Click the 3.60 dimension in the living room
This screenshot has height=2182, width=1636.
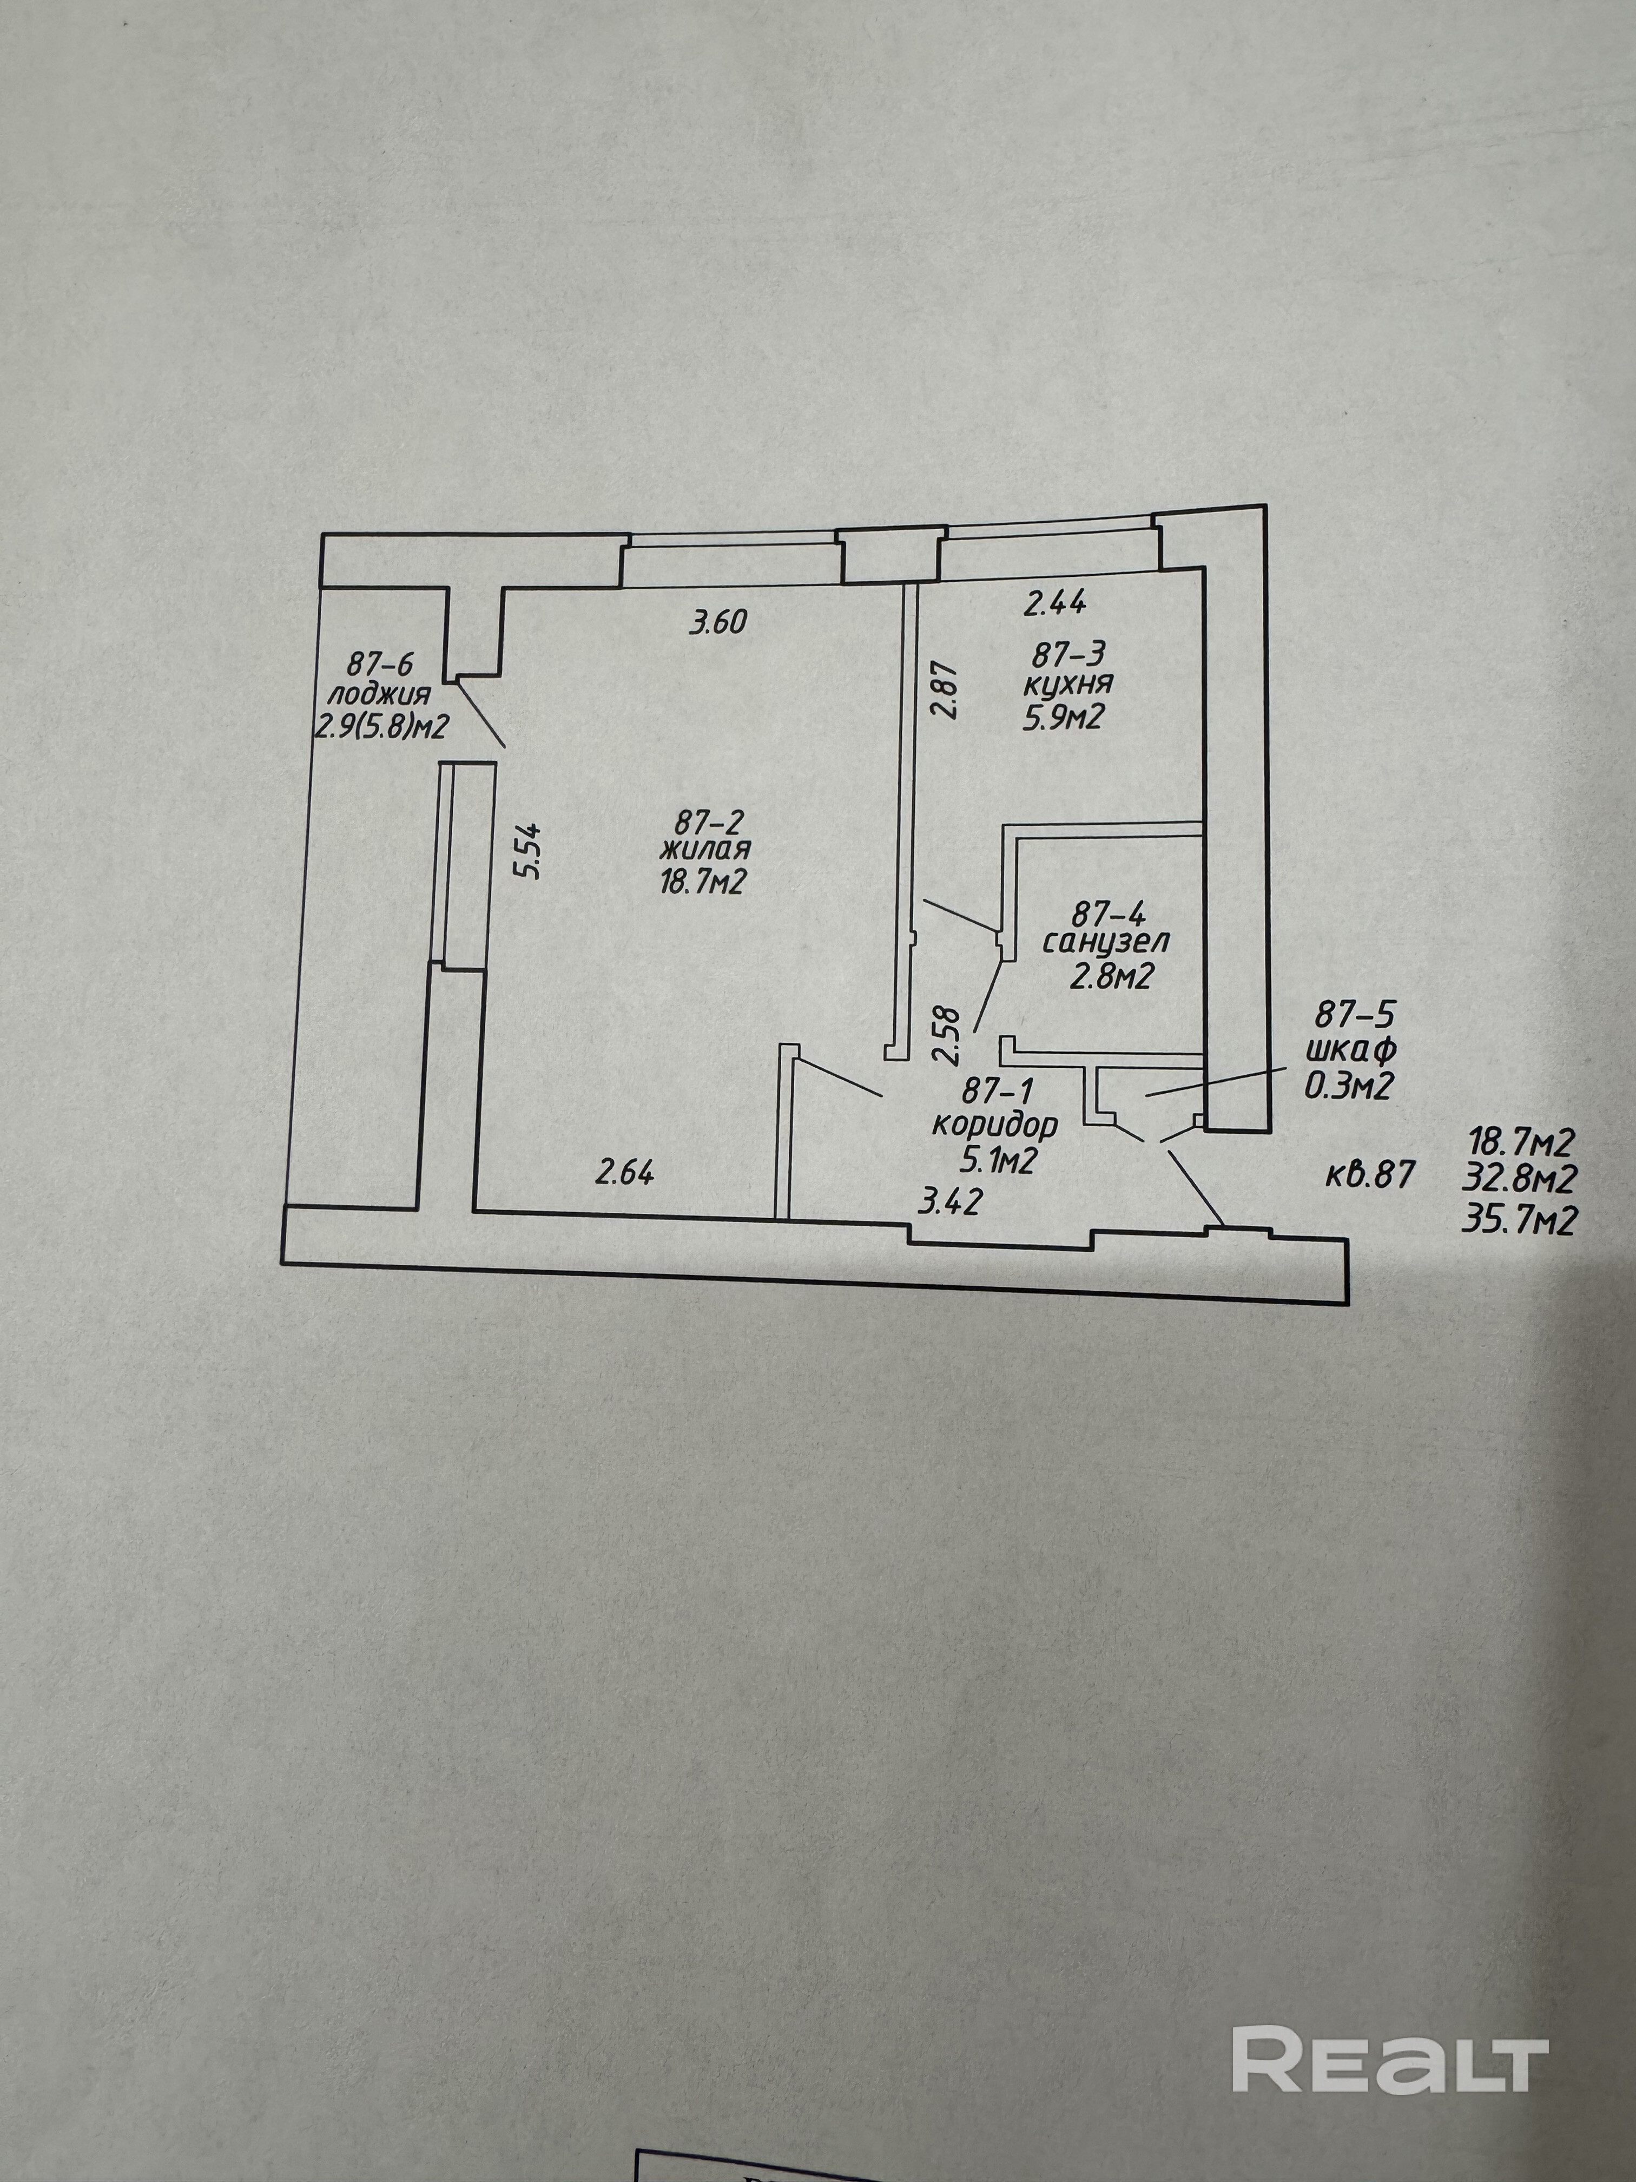(x=719, y=622)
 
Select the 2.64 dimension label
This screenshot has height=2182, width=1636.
(x=624, y=1173)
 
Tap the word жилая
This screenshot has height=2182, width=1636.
(x=705, y=849)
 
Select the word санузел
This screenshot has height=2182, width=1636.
(x=1106, y=942)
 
